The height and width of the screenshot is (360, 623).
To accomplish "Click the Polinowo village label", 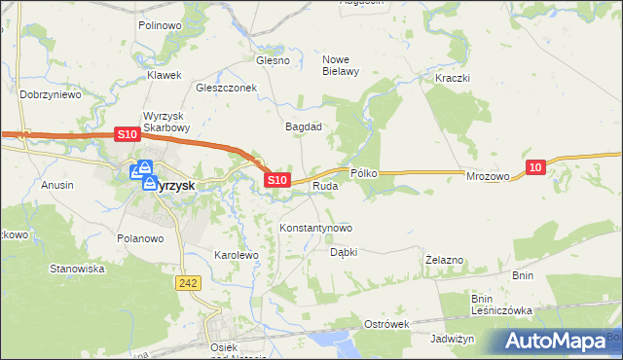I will coord(162,25).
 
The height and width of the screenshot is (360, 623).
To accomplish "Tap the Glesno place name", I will coord(273,60).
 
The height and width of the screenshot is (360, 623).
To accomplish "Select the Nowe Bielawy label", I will coord(342,64).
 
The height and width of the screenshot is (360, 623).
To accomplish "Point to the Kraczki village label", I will coord(454,78).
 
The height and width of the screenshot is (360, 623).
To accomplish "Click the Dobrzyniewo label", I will coord(50,95).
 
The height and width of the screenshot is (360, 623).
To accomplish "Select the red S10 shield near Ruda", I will coord(277,180).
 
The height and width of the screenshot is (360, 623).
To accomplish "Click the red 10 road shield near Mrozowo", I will coord(535,168).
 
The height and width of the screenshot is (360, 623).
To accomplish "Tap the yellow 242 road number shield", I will coord(189,282).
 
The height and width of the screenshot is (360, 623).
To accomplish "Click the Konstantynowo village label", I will coord(315,228).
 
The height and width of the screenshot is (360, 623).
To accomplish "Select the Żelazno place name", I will coord(445,261).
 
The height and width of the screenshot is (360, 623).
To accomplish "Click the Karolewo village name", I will coord(235,255).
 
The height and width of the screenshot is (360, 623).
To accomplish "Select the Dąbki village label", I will coord(344,251).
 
